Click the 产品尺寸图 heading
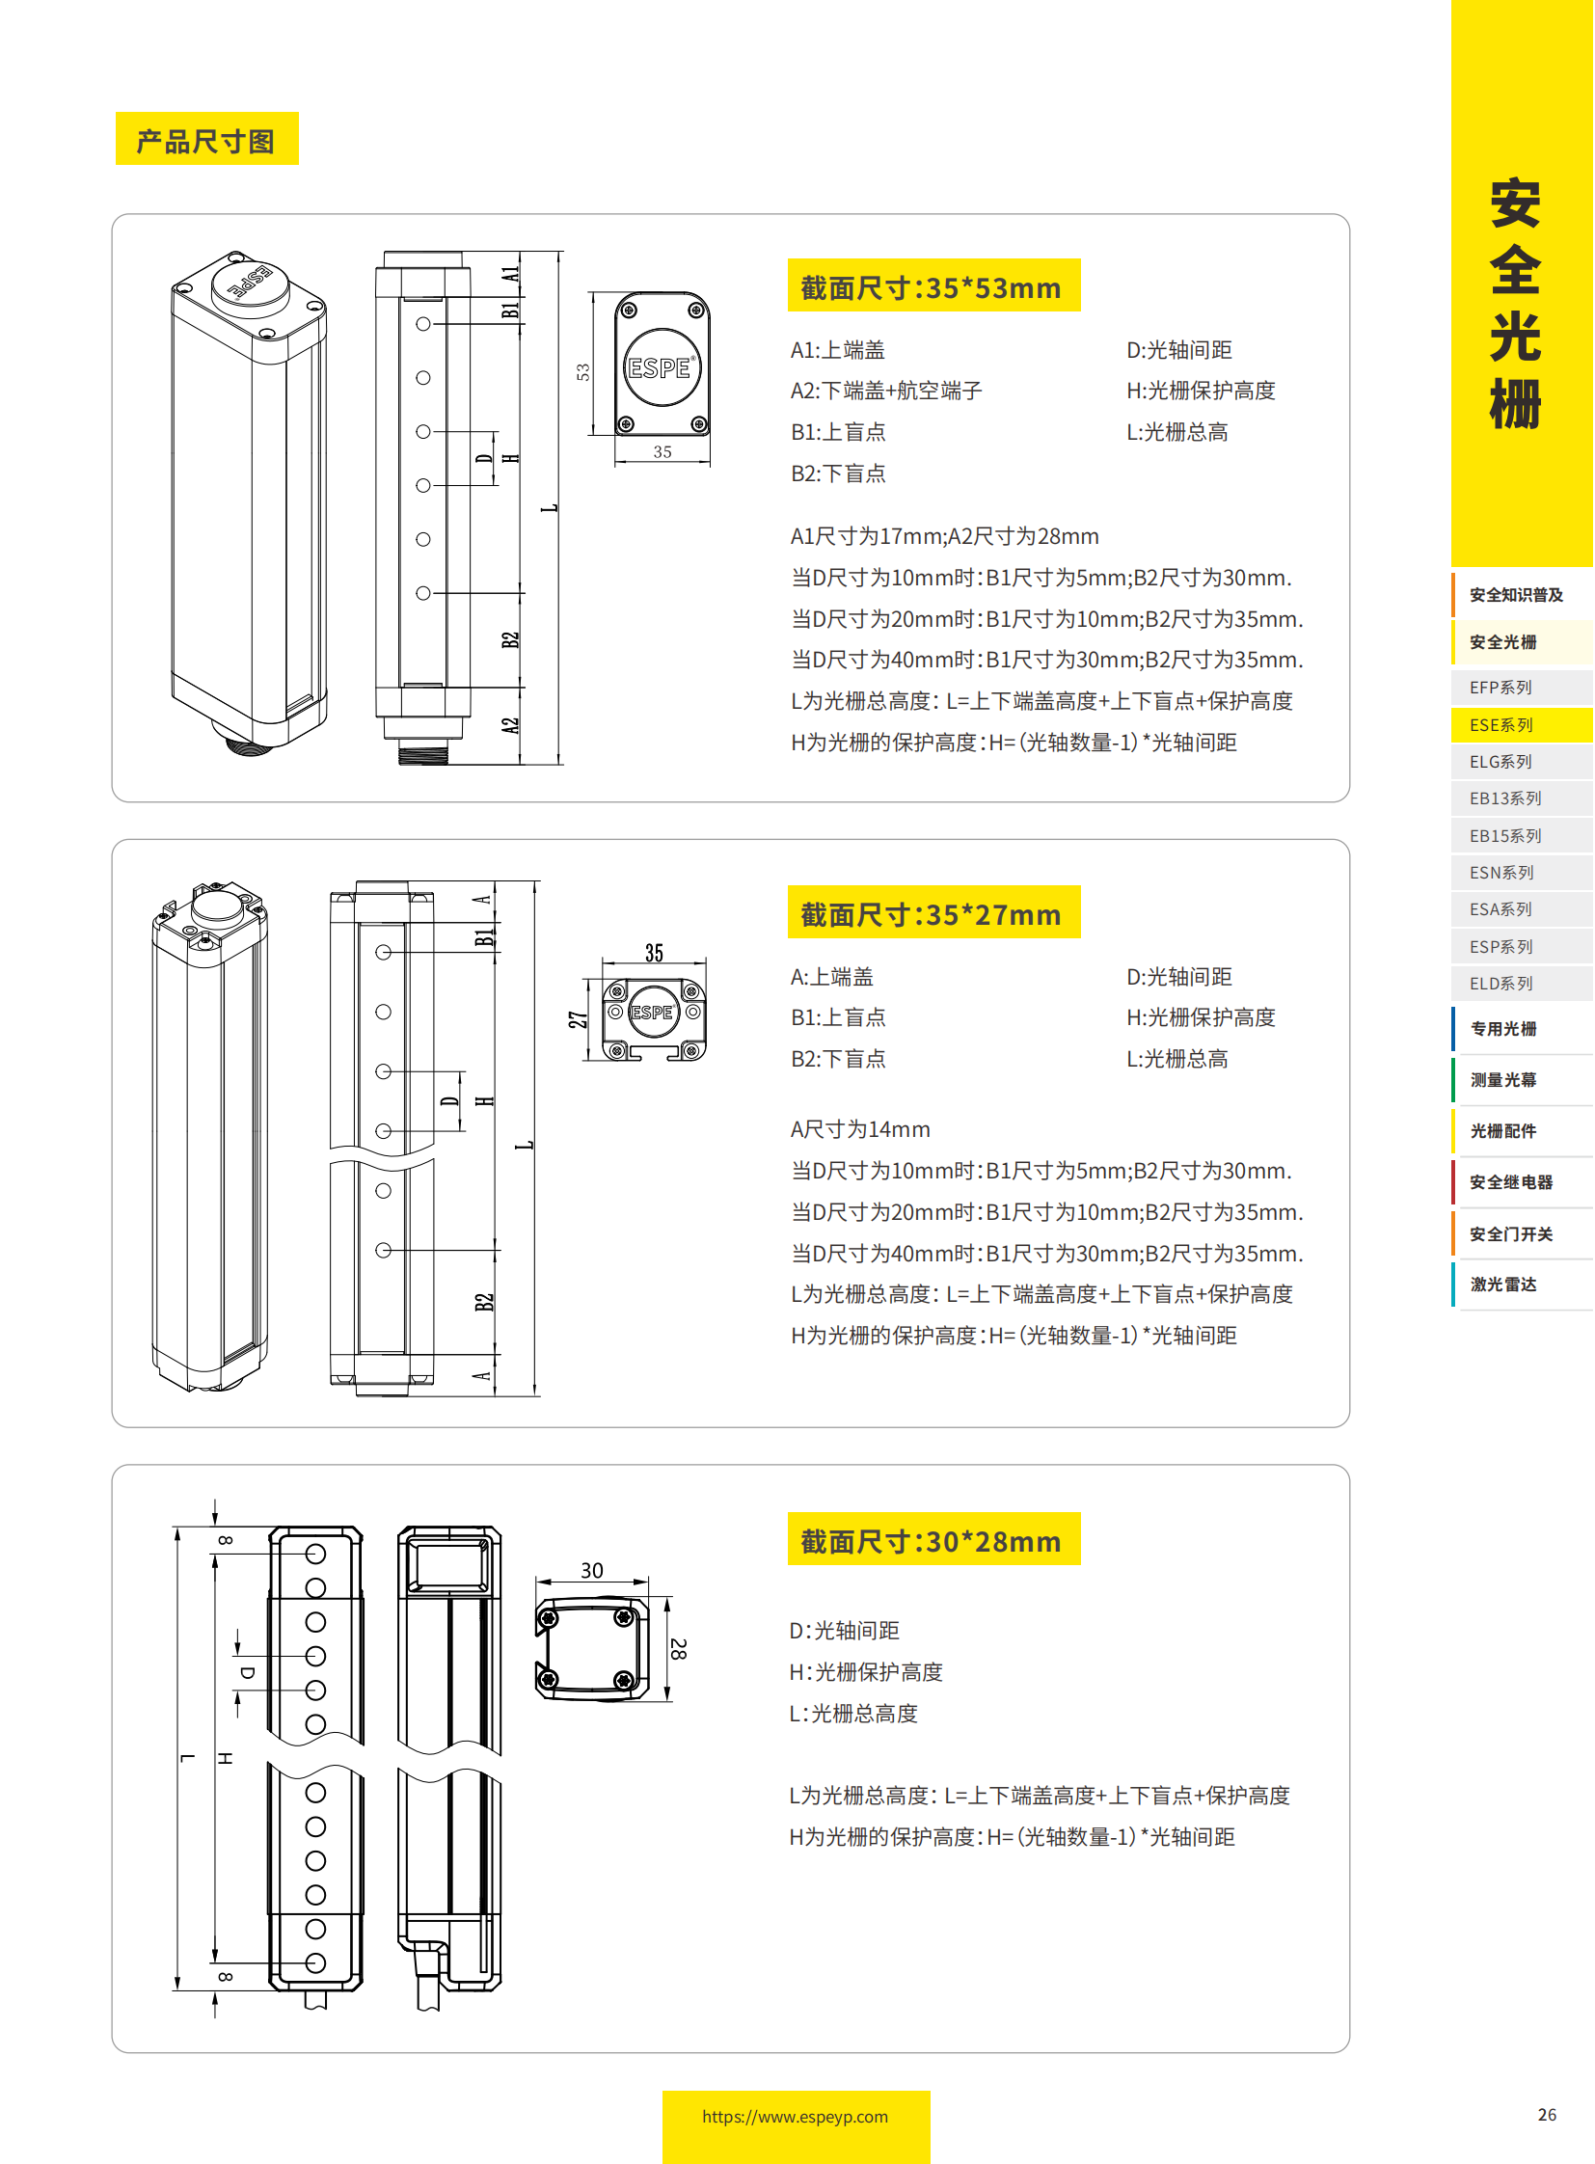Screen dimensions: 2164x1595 pyautogui.click(x=205, y=141)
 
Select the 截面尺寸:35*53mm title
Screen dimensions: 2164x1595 pyautogui.click(x=932, y=286)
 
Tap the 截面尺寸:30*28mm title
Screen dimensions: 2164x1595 pyautogui.click(x=932, y=1541)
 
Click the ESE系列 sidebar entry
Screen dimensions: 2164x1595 pyautogui.click(x=1501, y=724)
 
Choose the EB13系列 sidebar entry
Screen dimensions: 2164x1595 pyautogui.click(x=1505, y=798)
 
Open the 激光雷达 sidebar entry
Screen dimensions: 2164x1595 pyautogui.click(x=1503, y=1285)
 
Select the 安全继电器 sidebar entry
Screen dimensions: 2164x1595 pyautogui.click(x=1511, y=1182)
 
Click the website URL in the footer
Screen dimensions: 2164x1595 pyautogui.click(x=796, y=2116)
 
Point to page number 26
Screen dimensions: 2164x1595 pyautogui.click(x=1547, y=2114)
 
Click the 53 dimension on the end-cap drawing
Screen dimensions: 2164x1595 pyautogui.click(x=583, y=372)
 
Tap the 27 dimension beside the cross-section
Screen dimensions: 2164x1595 pyautogui.click(x=578, y=1018)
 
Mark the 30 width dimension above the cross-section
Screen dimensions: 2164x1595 pyautogui.click(x=592, y=1570)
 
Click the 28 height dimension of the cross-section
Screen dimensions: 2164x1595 pyautogui.click(x=679, y=1648)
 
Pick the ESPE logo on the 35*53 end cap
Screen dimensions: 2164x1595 pyautogui.click(x=660, y=368)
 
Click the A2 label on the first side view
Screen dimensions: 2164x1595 pyautogui.click(x=510, y=725)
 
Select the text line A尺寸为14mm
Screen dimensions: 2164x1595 pyautogui.click(x=860, y=1129)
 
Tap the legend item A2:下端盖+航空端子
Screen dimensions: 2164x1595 pyautogui.click(x=885, y=391)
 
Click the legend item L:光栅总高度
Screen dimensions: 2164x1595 pyautogui.click(x=853, y=1713)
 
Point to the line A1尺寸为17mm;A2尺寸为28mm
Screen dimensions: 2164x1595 pyautogui.click(x=944, y=536)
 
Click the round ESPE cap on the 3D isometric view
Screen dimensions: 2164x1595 pyautogui.click(x=250, y=283)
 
